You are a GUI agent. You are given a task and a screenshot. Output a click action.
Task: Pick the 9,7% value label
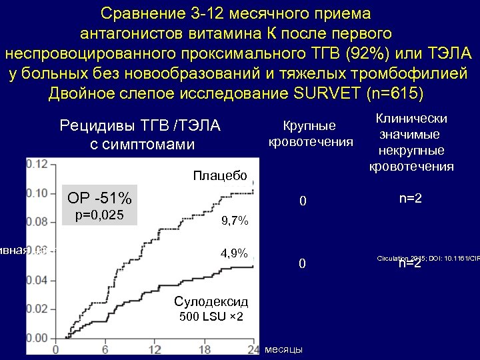click(x=234, y=220)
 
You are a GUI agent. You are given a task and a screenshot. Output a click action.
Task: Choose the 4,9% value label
click(x=234, y=253)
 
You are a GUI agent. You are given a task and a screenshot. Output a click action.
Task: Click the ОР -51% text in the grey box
click(x=99, y=199)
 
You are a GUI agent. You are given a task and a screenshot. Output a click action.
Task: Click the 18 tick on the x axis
click(x=204, y=351)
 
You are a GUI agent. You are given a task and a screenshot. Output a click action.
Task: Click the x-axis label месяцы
click(x=283, y=350)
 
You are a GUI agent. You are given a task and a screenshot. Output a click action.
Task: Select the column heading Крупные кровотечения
click(x=310, y=133)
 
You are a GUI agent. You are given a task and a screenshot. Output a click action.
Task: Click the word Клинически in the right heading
click(x=411, y=118)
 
